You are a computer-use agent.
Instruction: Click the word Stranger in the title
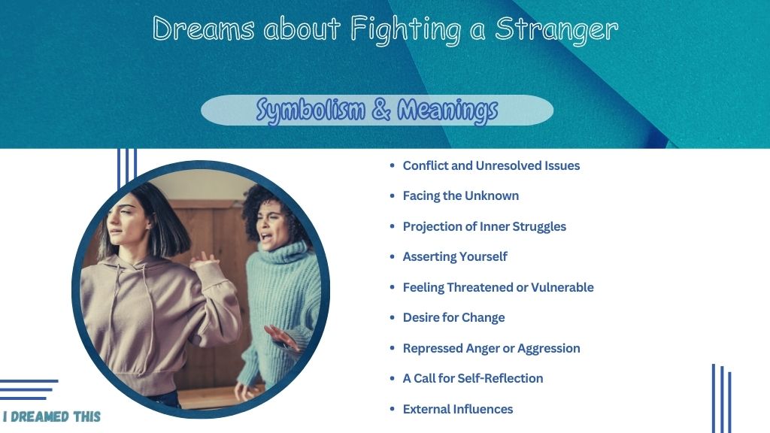pos(556,29)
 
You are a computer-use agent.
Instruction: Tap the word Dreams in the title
pos(203,29)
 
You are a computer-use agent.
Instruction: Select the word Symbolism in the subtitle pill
pos(311,110)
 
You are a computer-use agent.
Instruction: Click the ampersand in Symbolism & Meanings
pos(381,109)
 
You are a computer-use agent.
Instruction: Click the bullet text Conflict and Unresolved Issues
pos(491,166)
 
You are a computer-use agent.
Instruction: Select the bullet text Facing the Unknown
pos(461,196)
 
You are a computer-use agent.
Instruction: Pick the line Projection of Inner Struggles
pos(484,226)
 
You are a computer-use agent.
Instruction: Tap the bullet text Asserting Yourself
pos(455,257)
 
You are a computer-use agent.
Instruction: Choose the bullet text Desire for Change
pos(453,318)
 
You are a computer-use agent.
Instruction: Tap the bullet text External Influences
pos(458,409)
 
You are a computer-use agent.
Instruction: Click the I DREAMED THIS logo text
pos(52,416)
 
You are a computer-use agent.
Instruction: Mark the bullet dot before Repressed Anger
pos(392,348)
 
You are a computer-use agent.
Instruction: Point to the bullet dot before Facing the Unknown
pos(392,195)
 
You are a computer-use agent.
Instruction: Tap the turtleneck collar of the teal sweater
pos(283,256)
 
